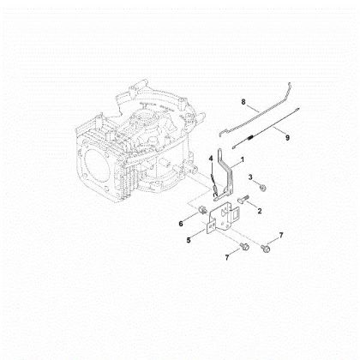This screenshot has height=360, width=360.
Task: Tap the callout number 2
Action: (x=260, y=209)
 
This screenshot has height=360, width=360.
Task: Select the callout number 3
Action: (x=250, y=177)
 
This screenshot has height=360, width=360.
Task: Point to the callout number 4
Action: (x=210, y=158)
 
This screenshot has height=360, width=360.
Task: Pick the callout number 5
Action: (x=189, y=241)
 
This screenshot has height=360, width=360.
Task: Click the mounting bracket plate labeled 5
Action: (x=225, y=225)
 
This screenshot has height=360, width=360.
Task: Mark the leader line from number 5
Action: (x=200, y=236)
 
